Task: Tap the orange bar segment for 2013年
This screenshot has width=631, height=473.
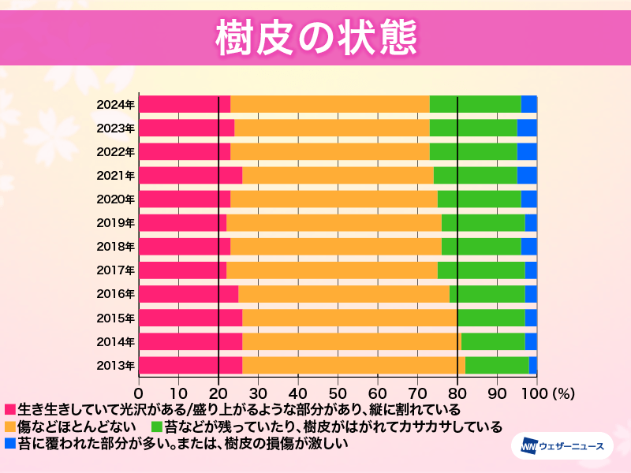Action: click(x=353, y=365)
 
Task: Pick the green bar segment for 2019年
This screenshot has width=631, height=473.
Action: click(x=483, y=222)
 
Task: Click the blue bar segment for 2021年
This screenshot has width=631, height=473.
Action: click(x=527, y=175)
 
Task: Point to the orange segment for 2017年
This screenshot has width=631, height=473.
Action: click(x=332, y=270)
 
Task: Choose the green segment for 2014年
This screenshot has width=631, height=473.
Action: click(x=493, y=341)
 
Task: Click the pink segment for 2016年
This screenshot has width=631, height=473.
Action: click(x=189, y=293)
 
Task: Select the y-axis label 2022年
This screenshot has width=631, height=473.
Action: click(x=116, y=151)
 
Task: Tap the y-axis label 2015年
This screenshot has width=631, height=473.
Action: click(x=116, y=318)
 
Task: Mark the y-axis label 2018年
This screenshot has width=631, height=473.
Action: click(x=116, y=246)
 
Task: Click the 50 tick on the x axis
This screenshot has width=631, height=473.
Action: click(x=338, y=393)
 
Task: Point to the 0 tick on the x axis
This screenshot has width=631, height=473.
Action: click(x=140, y=393)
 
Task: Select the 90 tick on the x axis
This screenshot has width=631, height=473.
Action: click(x=497, y=393)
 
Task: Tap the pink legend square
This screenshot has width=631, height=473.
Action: click(x=10, y=410)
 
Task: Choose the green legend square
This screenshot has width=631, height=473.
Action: click(x=157, y=426)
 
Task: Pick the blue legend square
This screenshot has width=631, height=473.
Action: click(x=10, y=443)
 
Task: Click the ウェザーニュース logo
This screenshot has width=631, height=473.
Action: click(x=562, y=447)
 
